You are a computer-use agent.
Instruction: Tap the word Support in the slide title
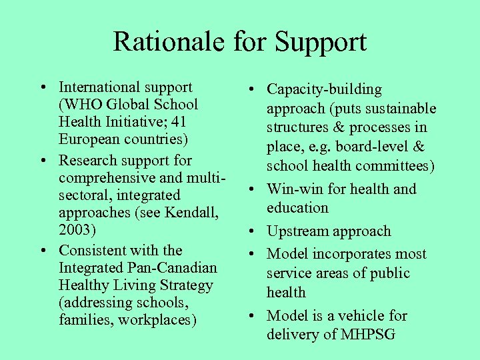point(321,43)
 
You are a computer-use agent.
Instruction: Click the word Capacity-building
point(324,89)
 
